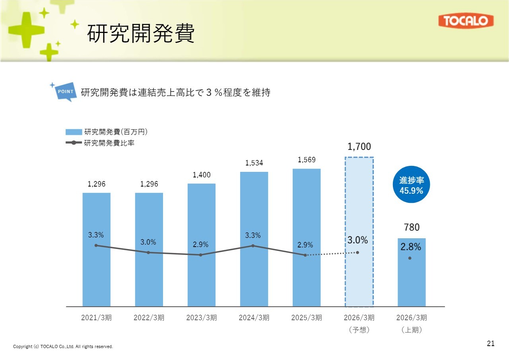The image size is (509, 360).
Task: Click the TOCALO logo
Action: pos(466,21)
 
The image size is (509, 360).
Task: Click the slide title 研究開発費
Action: pos(141,33)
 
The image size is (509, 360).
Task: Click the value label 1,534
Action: pos(254,163)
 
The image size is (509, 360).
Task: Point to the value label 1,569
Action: pos(306,160)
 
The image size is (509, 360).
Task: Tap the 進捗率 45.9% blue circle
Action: pos(412,185)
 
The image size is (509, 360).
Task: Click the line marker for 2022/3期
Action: pos(148,253)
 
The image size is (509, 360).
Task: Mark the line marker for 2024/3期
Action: pos(253,246)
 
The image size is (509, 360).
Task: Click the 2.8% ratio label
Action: pos(410,247)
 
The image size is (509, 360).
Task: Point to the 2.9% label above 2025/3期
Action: pos(305,245)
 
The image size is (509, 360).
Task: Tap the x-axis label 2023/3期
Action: pos(201,318)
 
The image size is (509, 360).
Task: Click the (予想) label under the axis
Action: pos(359,330)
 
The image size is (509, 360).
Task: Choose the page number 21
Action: pos(491,344)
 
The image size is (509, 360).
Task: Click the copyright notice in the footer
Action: pos(63,347)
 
